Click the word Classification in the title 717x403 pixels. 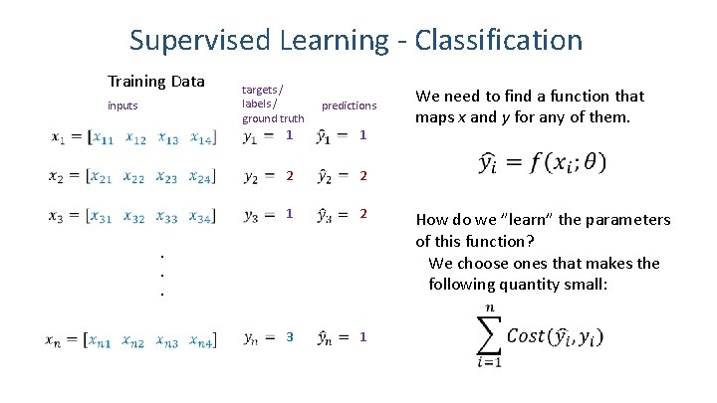point(497,40)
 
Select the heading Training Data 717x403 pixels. point(156,81)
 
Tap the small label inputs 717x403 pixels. point(122,105)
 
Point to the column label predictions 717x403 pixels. point(349,105)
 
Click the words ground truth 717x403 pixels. point(272,119)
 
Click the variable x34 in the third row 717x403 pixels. point(201,216)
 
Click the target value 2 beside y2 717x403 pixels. point(290,176)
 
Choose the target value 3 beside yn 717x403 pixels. point(290,337)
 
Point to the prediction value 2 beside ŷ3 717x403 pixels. point(363,215)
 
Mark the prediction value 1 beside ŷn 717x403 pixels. point(363,337)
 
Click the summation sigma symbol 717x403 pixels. point(488,334)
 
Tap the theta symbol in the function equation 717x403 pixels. point(591,161)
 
